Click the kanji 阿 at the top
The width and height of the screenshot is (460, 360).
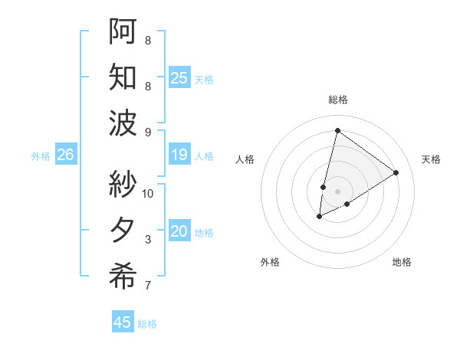point(123,31)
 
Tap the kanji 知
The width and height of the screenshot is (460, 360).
point(123,77)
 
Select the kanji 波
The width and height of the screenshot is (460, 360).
point(123,123)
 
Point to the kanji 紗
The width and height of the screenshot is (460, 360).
point(123,185)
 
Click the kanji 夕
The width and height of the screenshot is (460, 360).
point(123,231)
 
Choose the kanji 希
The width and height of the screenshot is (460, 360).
point(123,277)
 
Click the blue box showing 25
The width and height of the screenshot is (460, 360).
point(179,77)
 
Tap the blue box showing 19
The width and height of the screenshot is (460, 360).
point(179,155)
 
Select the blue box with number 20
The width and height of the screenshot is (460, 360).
point(179,231)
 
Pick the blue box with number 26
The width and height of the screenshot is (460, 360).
point(66,155)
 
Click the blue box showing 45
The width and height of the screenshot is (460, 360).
point(123,322)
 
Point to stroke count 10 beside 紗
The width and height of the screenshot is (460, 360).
point(148,193)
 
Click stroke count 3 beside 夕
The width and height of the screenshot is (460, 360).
point(148,240)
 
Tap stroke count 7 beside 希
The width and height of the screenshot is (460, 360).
point(148,286)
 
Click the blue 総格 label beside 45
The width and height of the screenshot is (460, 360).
point(147,324)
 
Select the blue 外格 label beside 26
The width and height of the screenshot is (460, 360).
point(41,156)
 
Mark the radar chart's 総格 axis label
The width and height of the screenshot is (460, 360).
point(337,100)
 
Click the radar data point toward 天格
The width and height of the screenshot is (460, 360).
point(396,172)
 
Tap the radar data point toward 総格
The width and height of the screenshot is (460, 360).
point(337,130)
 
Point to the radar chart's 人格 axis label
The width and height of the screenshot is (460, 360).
point(245,159)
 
